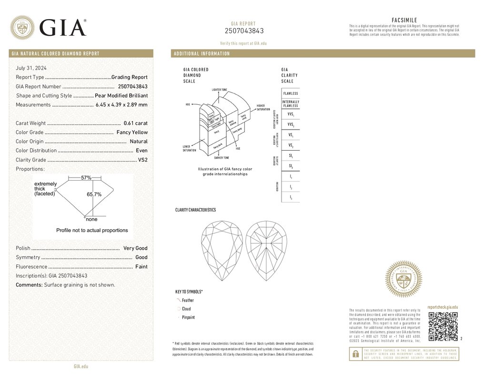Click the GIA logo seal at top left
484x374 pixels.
tap(22, 28)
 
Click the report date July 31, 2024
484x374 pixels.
tap(31, 68)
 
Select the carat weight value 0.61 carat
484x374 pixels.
tap(135, 123)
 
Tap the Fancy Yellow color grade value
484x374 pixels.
tap(132, 132)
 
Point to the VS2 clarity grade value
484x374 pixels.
tap(142, 160)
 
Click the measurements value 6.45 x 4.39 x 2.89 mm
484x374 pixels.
tap(121, 105)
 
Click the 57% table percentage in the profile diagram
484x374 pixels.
tap(86, 178)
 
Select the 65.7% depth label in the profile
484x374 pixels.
tap(94, 194)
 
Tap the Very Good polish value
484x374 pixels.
tap(135, 248)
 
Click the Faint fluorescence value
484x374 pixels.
tap(141, 267)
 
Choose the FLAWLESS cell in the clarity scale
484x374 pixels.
tap(291, 93)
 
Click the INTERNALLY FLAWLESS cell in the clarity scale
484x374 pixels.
tap(291, 104)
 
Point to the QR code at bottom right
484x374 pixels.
tap(443, 327)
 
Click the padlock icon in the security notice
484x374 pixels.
tap(355, 354)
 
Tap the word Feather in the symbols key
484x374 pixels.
tap(188, 301)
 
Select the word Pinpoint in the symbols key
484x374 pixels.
tap(188, 317)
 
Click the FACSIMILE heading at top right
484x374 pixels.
tap(404, 20)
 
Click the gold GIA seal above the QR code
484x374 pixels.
tap(403, 280)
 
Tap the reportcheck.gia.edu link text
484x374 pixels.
tap(443, 308)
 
